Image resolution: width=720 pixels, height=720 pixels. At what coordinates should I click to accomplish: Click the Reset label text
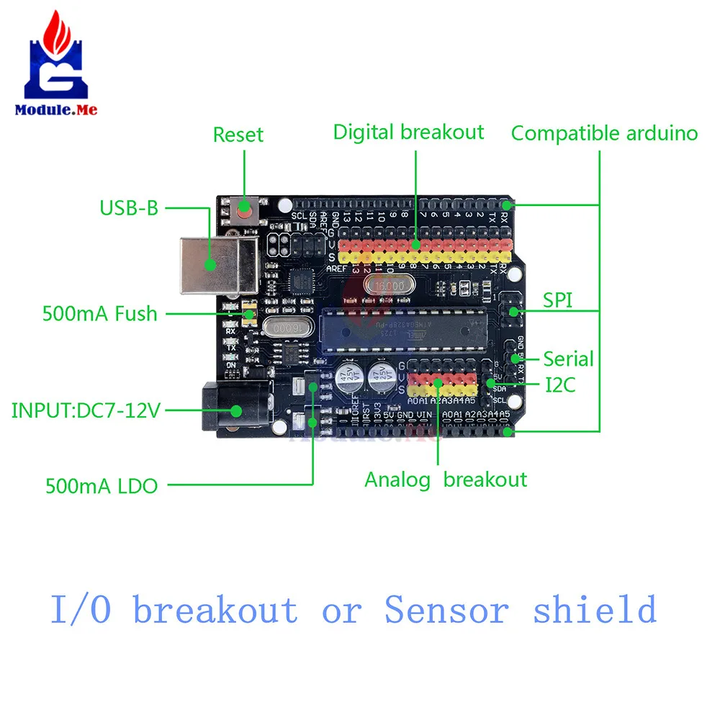[238, 135]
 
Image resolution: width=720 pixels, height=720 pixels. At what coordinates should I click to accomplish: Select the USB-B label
[129, 209]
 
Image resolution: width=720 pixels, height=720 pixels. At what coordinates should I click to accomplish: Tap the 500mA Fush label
[99, 314]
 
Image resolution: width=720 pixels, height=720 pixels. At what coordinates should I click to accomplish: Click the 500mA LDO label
[102, 486]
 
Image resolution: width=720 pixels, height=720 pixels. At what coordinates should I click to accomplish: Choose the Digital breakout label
[408, 132]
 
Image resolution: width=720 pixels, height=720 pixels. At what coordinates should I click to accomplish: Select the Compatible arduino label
[604, 133]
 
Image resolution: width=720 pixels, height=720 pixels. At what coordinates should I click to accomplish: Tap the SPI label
[558, 300]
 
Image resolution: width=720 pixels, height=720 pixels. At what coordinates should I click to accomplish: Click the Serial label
[568, 359]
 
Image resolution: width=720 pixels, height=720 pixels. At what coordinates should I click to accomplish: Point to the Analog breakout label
[446, 480]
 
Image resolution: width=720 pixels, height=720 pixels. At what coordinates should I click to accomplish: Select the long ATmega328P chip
[403, 329]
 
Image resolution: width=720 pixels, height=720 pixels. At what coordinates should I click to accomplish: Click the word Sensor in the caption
[446, 611]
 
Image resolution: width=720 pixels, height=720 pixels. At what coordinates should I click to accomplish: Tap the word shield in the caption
[595, 611]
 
